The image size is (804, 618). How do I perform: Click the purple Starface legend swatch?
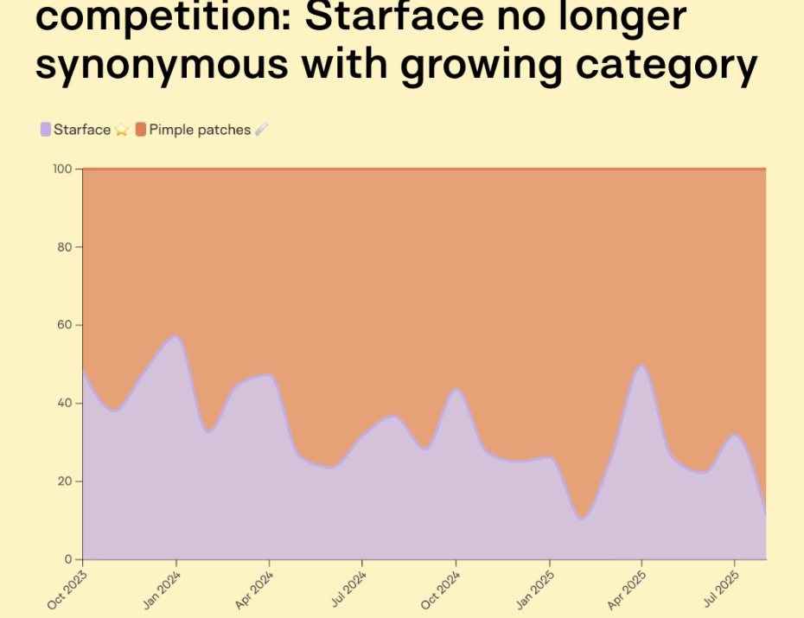46,130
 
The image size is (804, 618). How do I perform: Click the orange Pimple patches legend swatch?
141,130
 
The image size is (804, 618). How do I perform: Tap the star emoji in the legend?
122,130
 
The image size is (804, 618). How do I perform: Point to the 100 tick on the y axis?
64,169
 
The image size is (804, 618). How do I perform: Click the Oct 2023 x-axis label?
68,589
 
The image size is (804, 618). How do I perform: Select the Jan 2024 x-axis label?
163,589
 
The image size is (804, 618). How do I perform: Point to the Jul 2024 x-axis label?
348,589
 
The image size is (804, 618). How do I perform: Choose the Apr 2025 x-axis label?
628,589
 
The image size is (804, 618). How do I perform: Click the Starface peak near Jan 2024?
176,335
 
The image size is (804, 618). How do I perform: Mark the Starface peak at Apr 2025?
641,365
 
